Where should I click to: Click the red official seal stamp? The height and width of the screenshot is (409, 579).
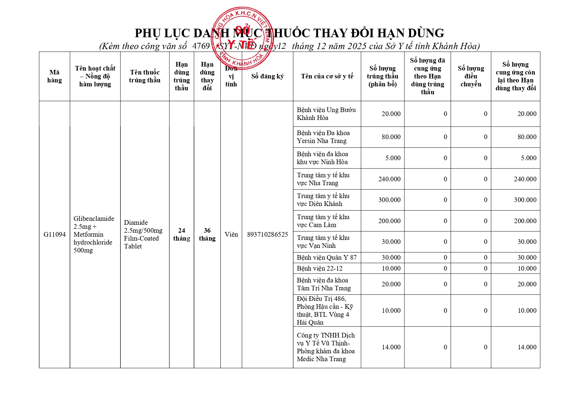242,38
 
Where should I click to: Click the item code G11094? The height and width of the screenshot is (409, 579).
54,234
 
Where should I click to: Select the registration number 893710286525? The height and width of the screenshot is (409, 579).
267,234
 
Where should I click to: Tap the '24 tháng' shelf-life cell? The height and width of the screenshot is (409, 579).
181,234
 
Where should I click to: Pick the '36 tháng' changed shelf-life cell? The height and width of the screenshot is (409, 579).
207,234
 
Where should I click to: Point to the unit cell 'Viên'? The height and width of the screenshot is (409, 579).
231,234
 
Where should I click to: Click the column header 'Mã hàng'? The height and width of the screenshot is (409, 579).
54,76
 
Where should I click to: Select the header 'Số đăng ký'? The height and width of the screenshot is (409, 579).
267,76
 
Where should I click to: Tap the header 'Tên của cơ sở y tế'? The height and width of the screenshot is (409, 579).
327,76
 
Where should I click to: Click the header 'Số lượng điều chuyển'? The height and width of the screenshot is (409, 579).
471,76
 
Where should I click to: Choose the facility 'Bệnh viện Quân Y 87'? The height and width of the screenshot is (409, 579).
327,257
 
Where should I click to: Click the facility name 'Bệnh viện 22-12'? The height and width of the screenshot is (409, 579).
319,268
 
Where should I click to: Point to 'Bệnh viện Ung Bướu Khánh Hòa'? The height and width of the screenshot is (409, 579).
326,114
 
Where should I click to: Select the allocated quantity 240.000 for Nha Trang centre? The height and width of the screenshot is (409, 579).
389,179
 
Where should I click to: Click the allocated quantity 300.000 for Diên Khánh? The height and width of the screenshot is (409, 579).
389,200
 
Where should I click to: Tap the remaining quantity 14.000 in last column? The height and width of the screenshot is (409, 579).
527,347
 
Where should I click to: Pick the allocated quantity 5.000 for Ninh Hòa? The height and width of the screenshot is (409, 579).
393,158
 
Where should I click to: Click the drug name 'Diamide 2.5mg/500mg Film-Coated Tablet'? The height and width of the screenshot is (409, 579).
143,234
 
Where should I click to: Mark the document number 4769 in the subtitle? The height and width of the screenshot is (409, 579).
201,46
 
